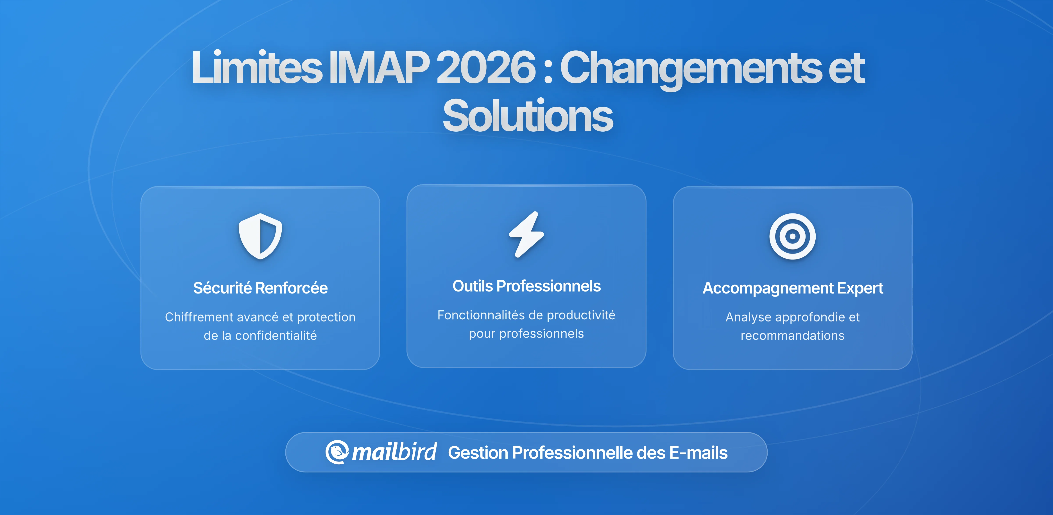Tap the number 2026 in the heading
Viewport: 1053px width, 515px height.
pos(486,67)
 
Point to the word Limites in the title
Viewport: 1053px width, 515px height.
pos(257,67)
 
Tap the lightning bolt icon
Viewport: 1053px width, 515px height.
pos(526,234)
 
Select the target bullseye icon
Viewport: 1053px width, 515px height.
pos(792,236)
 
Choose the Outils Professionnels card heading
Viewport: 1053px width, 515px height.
pos(526,286)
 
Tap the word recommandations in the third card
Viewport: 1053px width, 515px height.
pos(792,336)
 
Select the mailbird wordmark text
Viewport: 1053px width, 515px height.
pos(394,452)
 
